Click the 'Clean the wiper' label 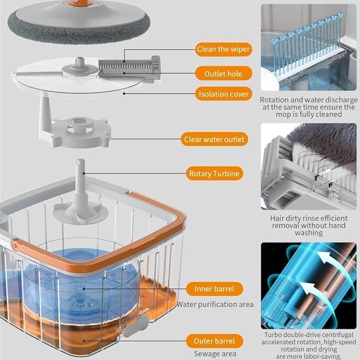click(x=223, y=49)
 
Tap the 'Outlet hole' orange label click(x=223, y=74)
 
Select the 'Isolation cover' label click(x=223, y=94)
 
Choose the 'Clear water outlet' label click(x=214, y=139)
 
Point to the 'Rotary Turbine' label click(x=214, y=173)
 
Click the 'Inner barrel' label click(x=214, y=289)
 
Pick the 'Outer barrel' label click(x=214, y=341)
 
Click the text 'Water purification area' click(x=215, y=304)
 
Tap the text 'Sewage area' click(x=215, y=354)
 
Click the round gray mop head click(x=79, y=22)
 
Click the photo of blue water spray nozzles click(x=309, y=47)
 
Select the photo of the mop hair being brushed click(x=309, y=166)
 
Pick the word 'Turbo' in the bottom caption click(x=273, y=335)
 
